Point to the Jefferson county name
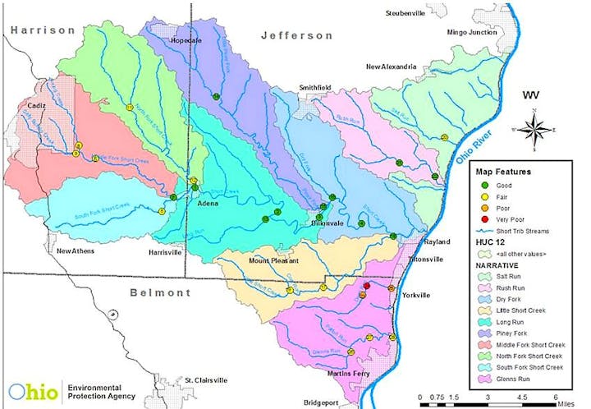[297, 35]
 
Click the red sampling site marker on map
[366, 287]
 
